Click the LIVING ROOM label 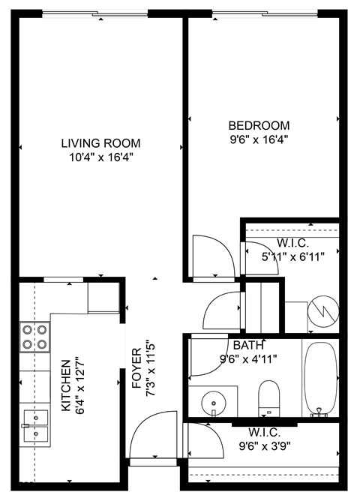coord(100,143)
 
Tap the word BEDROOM coord(259,125)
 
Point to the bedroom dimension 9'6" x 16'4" coord(259,139)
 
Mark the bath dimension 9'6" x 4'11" coord(248,358)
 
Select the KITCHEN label coord(65,385)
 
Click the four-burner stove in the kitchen coord(34,337)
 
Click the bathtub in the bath coord(321,379)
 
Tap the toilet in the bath coord(268,396)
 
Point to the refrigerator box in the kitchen coord(103,297)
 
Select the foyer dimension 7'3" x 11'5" coord(150,364)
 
